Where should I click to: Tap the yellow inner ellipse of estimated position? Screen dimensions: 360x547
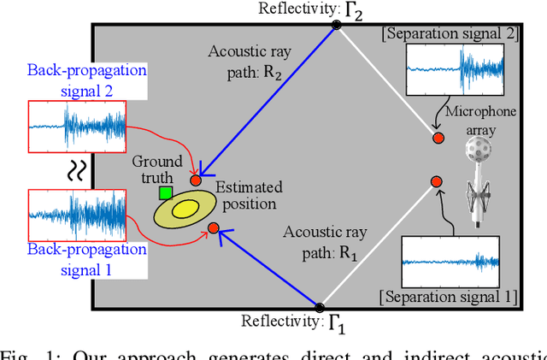point(184,210)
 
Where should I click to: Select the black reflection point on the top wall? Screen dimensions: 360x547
point(336,27)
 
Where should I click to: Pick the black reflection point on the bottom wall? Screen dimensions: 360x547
point(320,307)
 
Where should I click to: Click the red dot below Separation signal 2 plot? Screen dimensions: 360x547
point(438,138)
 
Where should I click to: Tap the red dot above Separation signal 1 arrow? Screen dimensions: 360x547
point(436,181)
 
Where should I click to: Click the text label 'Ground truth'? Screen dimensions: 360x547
point(157,169)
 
